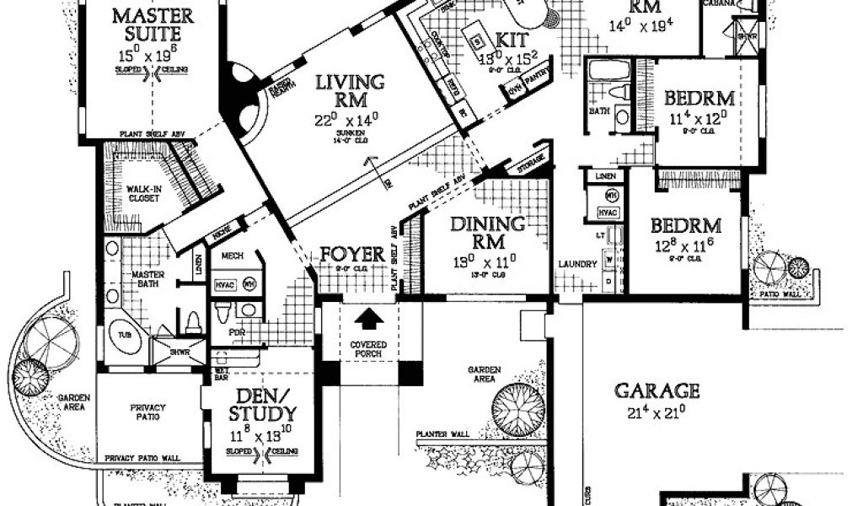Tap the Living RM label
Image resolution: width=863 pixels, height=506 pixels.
[351, 91]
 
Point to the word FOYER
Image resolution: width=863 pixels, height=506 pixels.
[351, 254]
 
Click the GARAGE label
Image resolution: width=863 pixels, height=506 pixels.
[657, 390]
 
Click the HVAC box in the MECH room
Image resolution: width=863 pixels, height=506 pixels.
[224, 285]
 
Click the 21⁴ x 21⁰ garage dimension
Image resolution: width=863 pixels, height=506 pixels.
[657, 412]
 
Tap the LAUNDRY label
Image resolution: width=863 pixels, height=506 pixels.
[577, 264]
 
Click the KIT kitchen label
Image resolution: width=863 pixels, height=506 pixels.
[512, 40]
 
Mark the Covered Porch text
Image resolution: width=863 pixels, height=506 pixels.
[367, 347]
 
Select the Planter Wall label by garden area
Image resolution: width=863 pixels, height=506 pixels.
[442, 434]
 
